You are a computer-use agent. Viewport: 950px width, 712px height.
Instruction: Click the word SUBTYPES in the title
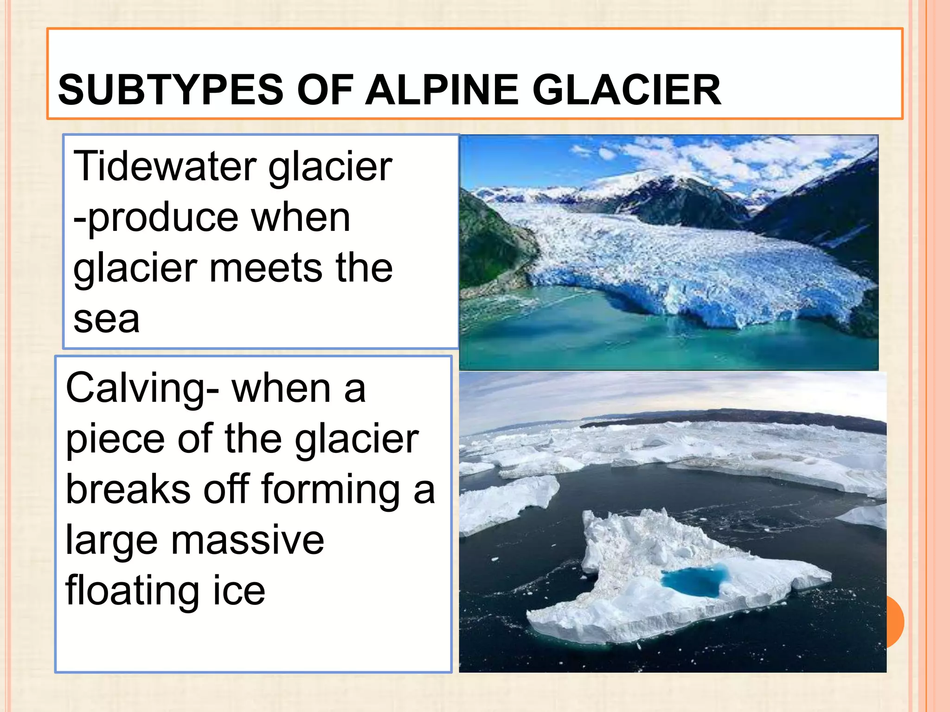point(170,90)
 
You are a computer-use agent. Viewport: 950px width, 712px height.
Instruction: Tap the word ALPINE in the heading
point(441,90)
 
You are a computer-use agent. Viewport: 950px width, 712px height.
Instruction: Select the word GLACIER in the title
point(626,90)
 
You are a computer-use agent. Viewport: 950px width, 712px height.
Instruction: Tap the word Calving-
point(142,388)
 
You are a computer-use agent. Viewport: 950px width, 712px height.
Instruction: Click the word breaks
point(128,489)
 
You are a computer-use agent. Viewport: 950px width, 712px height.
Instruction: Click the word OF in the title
point(325,90)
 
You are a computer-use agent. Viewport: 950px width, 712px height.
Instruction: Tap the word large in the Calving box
point(111,541)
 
